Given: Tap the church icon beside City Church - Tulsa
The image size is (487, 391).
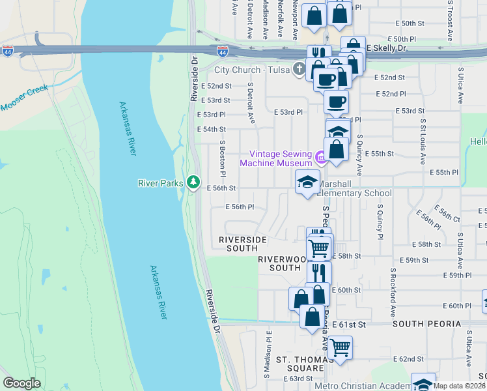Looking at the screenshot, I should pyautogui.click(x=299, y=70).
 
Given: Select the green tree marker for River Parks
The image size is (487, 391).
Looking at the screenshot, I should pyautogui.click(x=193, y=183).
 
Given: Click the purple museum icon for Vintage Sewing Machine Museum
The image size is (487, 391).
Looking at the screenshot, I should pyautogui.click(x=320, y=158).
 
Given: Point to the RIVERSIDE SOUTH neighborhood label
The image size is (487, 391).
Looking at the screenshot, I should pyautogui.click(x=242, y=244).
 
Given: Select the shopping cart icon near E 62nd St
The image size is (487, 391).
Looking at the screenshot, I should pyautogui.click(x=340, y=347).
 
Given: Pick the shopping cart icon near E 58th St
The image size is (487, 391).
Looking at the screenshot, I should pyautogui.click(x=318, y=248).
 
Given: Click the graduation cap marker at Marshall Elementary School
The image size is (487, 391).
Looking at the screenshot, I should pyautogui.click(x=307, y=182).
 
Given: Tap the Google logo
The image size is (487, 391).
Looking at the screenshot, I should pyautogui.click(x=22, y=383).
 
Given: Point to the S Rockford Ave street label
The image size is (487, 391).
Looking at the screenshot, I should pyautogui.click(x=393, y=287).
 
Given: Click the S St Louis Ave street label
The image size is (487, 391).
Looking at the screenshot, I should pyautogui.click(x=423, y=140).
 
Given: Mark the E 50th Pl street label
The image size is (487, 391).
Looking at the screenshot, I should pyautogui.click(x=400, y=39).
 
